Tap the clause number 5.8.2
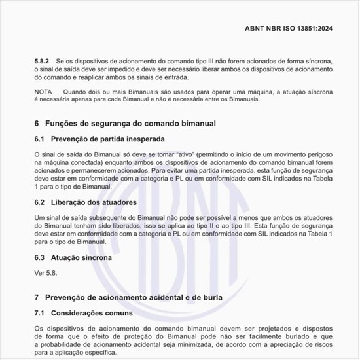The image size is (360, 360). click(44, 60)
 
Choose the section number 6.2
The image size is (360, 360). click(41, 202)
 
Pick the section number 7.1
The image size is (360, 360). click(41, 313)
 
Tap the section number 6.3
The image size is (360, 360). click(41, 257)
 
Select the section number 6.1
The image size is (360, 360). click(41, 139)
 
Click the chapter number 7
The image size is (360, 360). click(36, 297)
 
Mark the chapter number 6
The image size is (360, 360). click(36, 123)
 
